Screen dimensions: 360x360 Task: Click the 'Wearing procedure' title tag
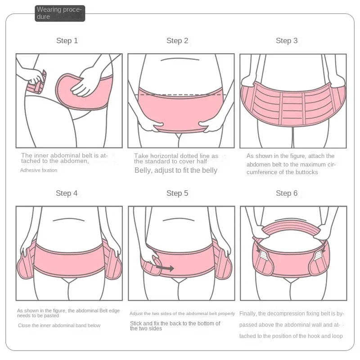[60, 13]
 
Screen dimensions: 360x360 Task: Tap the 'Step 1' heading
[67, 40]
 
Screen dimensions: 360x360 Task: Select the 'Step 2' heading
[177, 40]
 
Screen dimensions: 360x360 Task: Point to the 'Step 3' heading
[287, 40]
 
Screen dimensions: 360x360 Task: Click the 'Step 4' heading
[67, 193]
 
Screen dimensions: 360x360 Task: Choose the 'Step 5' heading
[177, 193]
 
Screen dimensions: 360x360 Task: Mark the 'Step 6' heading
[287, 193]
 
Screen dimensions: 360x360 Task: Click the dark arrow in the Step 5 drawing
[165, 268]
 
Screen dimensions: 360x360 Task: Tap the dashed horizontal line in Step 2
[183, 94]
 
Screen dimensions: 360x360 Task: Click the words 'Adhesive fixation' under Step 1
[39, 170]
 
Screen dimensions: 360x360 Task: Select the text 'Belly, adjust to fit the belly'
[176, 171]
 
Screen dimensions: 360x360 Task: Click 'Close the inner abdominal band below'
[59, 325]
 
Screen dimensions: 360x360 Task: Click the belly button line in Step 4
[69, 219]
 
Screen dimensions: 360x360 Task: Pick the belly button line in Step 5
[179, 219]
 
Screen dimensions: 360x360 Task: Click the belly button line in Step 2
[180, 59]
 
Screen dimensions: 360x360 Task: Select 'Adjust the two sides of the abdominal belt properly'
[182, 314]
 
